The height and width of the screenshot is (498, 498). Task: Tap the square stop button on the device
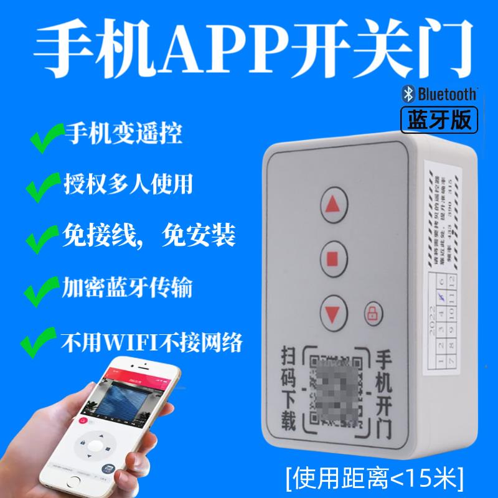coord(336,256)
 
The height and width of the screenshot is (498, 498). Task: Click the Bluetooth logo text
coord(439,94)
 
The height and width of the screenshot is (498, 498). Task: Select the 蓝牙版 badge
coord(439,118)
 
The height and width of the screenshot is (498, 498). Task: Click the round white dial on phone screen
coord(94,445)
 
